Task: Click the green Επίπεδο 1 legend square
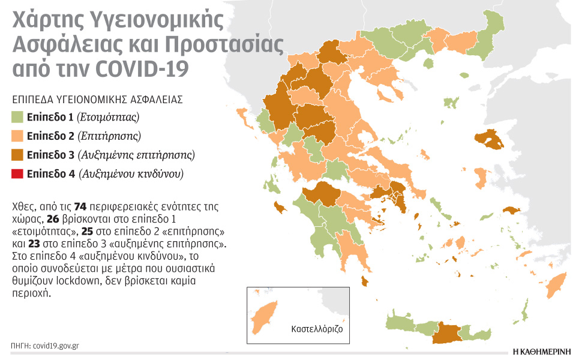click(x=17, y=116)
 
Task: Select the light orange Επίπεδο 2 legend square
click(x=17, y=136)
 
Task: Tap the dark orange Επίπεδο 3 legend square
click(x=17, y=155)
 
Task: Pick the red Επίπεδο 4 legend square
click(x=17, y=174)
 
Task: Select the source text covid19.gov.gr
click(x=56, y=346)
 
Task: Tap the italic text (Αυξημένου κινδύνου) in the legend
click(x=131, y=174)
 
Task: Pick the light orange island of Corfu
click(x=243, y=113)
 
